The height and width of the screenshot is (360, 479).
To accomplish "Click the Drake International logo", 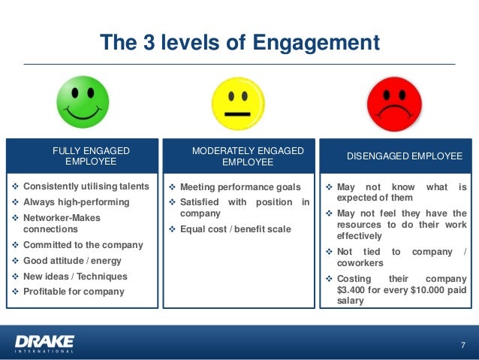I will tap(44, 343).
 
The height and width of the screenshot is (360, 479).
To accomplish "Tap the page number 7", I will tap(462, 345).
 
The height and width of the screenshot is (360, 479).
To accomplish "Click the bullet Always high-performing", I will tap(76, 202).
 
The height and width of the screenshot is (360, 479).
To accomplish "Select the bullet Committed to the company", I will tap(83, 245).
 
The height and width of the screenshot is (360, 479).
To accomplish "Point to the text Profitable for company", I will tap(74, 291).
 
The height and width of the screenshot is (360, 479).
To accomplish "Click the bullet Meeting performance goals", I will tap(240, 187).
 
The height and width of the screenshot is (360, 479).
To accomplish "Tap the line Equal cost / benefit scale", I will tap(235, 229).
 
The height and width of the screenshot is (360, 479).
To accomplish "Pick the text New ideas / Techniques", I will tap(75, 276).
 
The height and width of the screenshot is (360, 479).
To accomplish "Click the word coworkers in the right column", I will tap(360, 263).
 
